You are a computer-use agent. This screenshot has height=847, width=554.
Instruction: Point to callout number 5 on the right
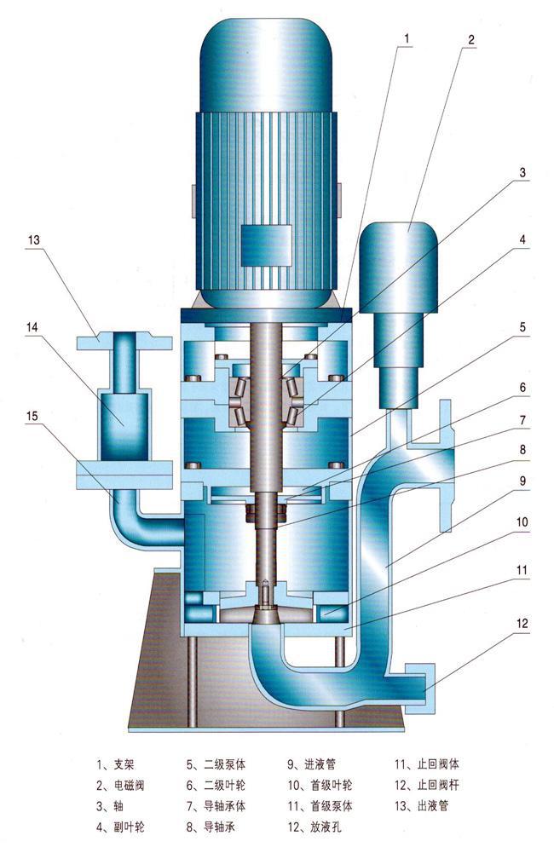pos(521,326)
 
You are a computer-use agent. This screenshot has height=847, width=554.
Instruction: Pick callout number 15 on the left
pos(34,416)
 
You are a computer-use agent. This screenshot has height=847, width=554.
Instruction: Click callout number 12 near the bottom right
pos(520,625)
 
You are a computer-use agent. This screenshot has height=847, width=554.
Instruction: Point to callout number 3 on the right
pos(521,173)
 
